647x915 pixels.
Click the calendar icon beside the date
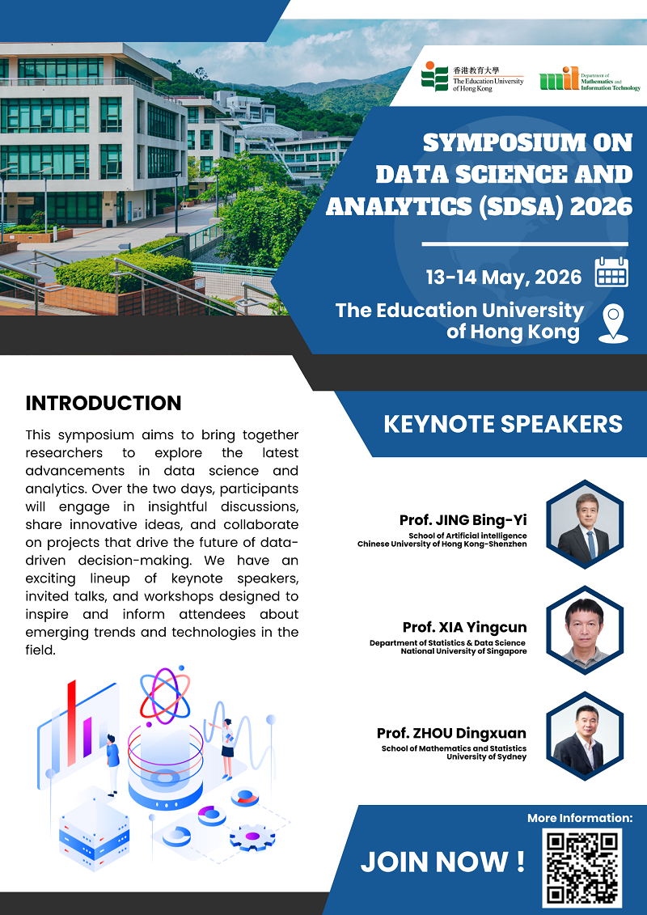(611, 272)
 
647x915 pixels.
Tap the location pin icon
(613, 324)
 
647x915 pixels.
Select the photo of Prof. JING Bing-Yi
(585, 523)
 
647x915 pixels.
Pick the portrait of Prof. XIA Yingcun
(585, 629)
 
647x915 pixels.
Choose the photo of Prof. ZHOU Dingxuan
(585, 736)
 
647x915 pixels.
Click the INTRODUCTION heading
(104, 403)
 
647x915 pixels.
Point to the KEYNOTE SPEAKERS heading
(503, 424)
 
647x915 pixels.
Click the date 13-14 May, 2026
(504, 277)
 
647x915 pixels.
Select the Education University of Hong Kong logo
(472, 76)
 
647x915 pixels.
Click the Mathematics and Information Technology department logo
(590, 78)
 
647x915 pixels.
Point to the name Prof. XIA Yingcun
(464, 627)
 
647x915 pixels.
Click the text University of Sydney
(487, 757)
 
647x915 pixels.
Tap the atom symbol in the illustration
(165, 696)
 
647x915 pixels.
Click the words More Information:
(580, 818)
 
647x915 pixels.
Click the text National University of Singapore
(463, 651)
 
